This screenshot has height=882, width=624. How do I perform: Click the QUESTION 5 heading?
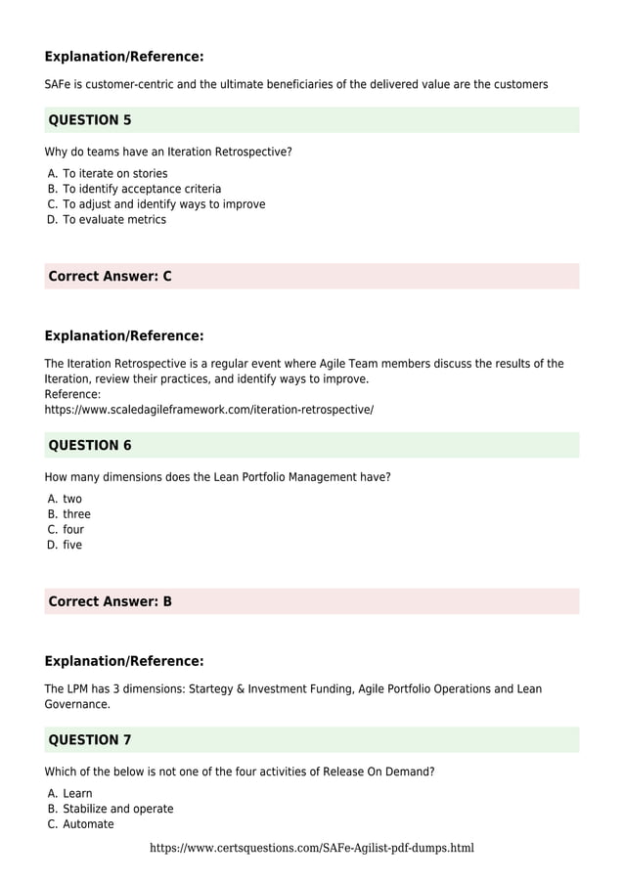point(90,120)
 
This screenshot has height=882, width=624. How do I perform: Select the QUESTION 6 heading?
point(90,445)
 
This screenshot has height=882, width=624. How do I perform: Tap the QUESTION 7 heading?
point(90,739)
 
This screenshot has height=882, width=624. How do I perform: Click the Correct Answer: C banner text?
point(110,276)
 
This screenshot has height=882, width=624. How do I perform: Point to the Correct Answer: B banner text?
point(110,601)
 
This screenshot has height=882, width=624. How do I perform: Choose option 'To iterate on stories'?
point(114,173)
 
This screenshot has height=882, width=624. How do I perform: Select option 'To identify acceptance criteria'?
point(142,189)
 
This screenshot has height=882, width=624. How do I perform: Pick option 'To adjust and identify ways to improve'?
point(163,204)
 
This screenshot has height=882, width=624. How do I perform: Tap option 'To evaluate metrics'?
point(114,219)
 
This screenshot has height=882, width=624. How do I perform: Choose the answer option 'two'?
point(72,499)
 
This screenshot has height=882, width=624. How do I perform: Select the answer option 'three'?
point(76,514)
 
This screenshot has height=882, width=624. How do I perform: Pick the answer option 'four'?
point(73,529)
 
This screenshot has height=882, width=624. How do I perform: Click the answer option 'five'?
point(72,545)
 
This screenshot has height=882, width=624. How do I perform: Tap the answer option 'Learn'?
point(77,793)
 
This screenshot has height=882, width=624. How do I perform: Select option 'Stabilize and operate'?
point(117,809)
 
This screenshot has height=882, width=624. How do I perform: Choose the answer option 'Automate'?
point(88,824)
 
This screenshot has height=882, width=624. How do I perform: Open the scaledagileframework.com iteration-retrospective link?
point(208,410)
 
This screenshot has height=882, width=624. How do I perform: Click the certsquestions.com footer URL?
point(312,848)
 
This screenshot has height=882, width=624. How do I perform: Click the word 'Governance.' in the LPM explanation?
point(77,704)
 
